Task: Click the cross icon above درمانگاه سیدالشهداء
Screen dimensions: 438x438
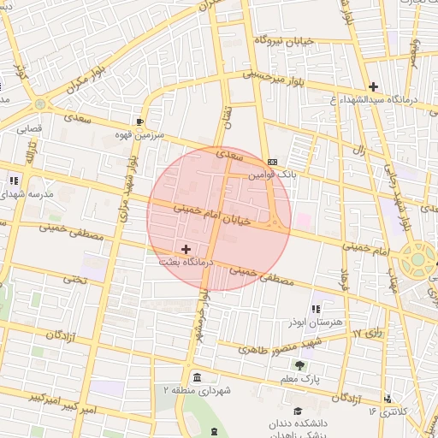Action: [x=373, y=86]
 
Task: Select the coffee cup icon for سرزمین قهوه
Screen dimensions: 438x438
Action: [x=139, y=121]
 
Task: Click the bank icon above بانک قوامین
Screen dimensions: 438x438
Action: [x=272, y=161]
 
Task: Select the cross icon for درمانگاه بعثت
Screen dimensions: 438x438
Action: [x=186, y=248]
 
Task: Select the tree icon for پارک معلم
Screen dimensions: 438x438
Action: [x=299, y=365]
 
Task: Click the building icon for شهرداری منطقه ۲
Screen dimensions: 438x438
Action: [x=198, y=378]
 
